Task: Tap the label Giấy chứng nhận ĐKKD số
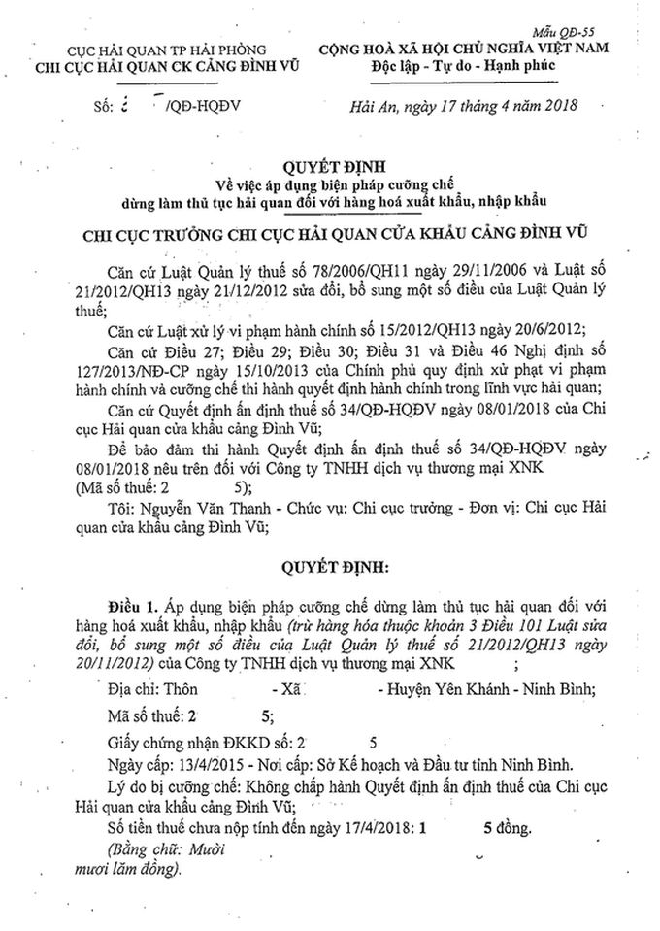click(204, 739)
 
